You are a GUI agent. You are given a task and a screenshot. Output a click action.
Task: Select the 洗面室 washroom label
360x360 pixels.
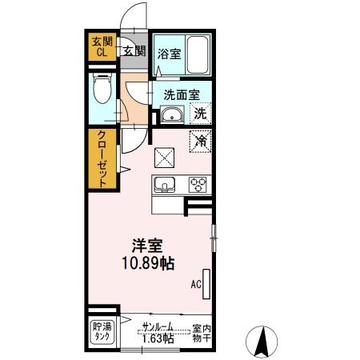click(182, 94)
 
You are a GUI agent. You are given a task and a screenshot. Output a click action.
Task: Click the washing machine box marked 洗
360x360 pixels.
click(201, 114)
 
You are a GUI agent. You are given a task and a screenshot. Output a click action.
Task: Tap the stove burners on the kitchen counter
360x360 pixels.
click(198, 185)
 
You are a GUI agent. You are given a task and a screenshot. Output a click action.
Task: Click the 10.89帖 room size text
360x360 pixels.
click(148, 263)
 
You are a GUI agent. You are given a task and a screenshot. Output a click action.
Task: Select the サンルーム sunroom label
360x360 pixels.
click(158, 327)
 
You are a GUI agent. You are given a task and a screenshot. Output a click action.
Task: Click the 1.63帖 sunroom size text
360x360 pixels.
click(158, 338)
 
